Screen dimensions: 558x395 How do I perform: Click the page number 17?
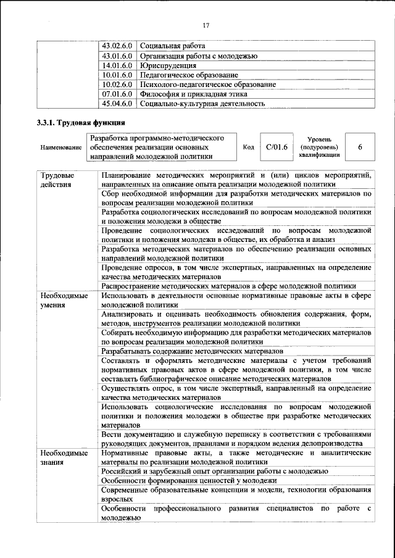[x=206, y=25]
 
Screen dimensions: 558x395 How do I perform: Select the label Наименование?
[x=61, y=148]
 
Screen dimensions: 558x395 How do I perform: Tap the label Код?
[x=248, y=148]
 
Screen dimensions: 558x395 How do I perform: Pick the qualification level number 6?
[x=360, y=148]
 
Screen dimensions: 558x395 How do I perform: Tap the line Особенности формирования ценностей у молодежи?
[x=189, y=480]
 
